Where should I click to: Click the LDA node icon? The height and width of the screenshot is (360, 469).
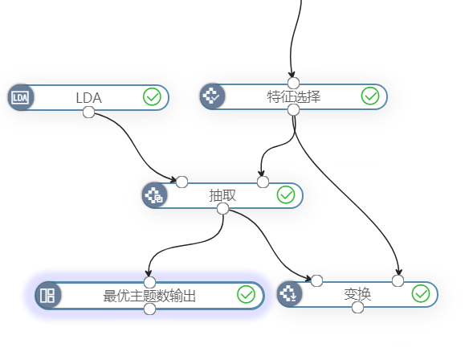click(x=21, y=97)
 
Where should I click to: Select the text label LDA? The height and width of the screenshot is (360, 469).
click(x=89, y=98)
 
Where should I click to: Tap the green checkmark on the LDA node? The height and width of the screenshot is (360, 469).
click(x=152, y=96)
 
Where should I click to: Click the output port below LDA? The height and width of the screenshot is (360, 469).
click(x=88, y=112)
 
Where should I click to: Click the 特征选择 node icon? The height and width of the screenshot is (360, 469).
click(x=212, y=96)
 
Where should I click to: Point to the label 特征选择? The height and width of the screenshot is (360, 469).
click(x=294, y=96)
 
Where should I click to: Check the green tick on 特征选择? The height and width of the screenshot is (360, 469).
click(x=370, y=96)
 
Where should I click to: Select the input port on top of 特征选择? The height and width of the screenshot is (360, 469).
click(x=293, y=83)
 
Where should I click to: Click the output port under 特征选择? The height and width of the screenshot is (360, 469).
click(x=293, y=110)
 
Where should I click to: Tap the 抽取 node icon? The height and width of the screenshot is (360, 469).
click(x=155, y=195)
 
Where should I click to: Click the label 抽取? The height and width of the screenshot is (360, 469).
click(x=222, y=196)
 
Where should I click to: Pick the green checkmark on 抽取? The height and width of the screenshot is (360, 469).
click(x=286, y=194)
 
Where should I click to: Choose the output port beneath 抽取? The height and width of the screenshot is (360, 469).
click(x=222, y=209)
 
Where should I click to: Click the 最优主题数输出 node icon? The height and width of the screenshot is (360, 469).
click(x=48, y=296)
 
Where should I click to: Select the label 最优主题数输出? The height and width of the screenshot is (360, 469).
click(x=149, y=296)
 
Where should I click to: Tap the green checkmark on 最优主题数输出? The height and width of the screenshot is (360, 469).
click(x=247, y=294)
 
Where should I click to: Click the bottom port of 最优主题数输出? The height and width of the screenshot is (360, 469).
click(x=149, y=309)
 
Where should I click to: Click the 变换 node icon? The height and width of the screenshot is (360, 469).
click(x=290, y=293)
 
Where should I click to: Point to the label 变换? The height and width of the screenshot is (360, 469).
click(x=357, y=294)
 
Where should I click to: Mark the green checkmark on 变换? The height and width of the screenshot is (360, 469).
click(x=421, y=293)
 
